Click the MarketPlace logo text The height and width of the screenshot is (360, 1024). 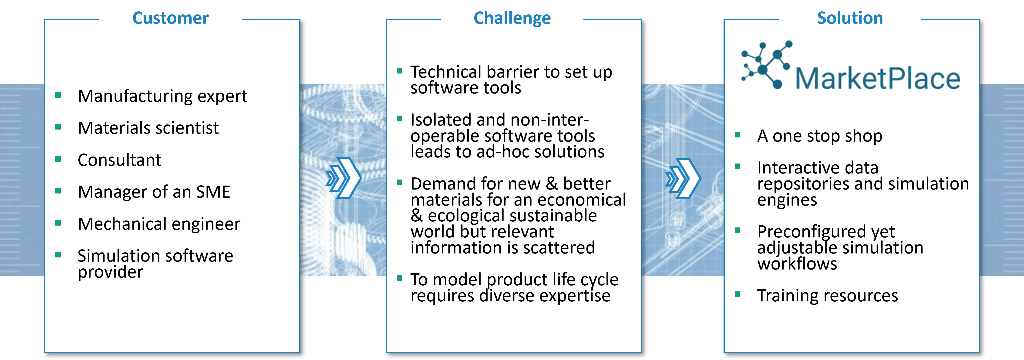click(x=878, y=78)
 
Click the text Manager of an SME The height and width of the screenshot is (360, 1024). click(x=154, y=192)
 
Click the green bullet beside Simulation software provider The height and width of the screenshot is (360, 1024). click(x=58, y=255)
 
